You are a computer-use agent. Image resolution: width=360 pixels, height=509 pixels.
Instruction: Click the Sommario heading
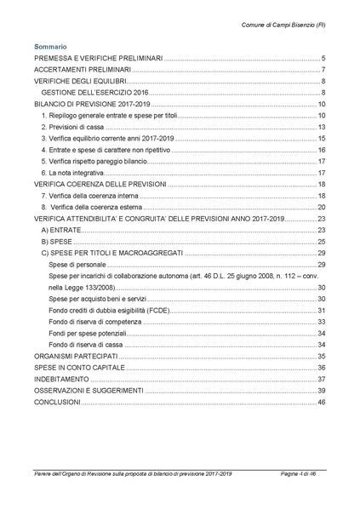pyautogui.click(x=50, y=46)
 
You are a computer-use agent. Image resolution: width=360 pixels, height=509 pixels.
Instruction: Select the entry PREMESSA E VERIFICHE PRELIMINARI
pyautogui.click(x=97, y=58)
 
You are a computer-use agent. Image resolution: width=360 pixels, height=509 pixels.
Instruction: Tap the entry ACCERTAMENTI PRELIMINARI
pyautogui.click(x=82, y=69)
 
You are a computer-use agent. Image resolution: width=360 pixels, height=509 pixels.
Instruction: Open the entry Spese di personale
pyautogui.click(x=77, y=265)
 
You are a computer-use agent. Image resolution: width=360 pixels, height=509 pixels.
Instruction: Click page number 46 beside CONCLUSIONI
pyautogui.click(x=321, y=402)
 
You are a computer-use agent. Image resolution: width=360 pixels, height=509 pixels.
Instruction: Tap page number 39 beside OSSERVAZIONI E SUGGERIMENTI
pyautogui.click(x=321, y=390)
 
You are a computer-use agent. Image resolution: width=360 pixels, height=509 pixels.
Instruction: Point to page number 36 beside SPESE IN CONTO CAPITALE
pyautogui.click(x=321, y=367)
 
